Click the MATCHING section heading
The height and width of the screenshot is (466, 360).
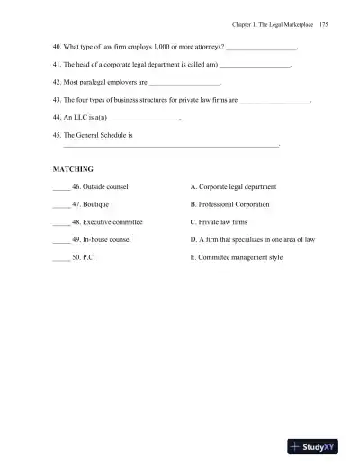[74, 168]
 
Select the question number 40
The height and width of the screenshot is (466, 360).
[58, 45]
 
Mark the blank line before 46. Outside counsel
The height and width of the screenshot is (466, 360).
[61, 187]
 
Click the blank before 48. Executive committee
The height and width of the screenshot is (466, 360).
[61, 222]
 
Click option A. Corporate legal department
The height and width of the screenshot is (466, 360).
[234, 186]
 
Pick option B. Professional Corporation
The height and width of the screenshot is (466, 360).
[232, 204]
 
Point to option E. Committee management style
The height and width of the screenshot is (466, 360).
[238, 257]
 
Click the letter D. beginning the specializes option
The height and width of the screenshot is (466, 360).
[194, 239]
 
